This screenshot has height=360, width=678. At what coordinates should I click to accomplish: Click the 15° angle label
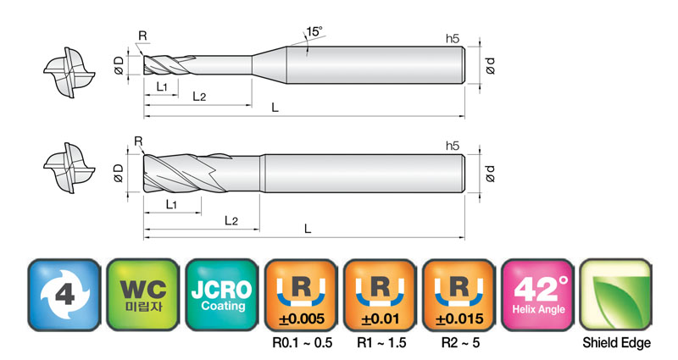pos(314,31)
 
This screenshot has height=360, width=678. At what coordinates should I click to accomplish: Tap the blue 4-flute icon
pos(64,295)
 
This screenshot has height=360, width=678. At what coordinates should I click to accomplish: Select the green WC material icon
pos(143,295)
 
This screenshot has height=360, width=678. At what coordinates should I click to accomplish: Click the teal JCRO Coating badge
pos(222,295)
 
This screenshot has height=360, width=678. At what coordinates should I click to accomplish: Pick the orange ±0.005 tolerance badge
pos(302,295)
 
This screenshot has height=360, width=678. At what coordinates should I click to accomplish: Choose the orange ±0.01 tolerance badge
pos(380,295)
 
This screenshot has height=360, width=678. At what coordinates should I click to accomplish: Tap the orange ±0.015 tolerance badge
pos(459,295)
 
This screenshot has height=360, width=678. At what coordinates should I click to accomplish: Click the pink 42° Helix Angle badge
pos(538,295)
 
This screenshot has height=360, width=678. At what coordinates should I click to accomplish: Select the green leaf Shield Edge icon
pos(616,295)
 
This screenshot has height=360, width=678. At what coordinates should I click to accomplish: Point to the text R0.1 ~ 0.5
pos(303,343)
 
